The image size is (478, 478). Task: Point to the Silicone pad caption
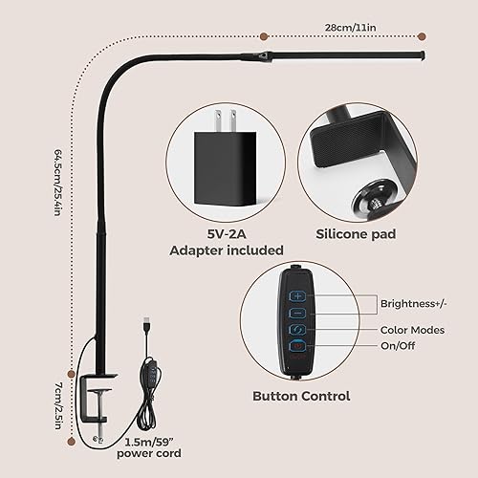point(358,231)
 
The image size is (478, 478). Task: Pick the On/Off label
point(400,349)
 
